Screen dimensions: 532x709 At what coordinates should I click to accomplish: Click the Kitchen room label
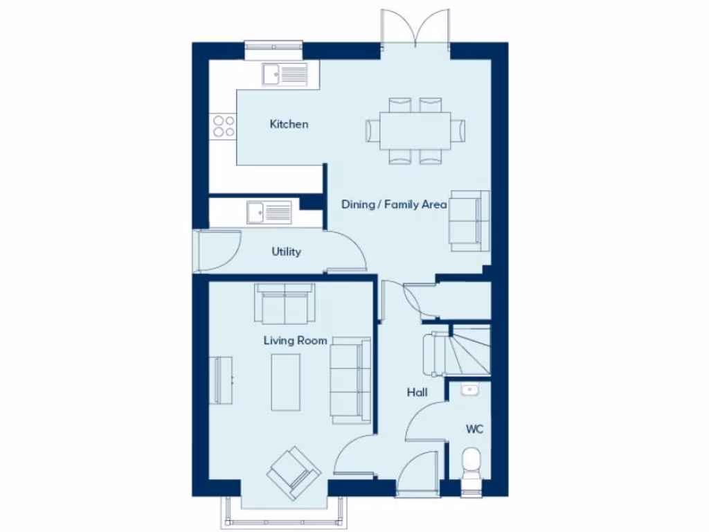(289, 125)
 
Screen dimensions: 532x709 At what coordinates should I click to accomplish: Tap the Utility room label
(286, 251)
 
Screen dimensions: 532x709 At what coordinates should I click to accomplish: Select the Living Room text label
(295, 340)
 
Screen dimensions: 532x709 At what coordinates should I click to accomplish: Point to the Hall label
(417, 393)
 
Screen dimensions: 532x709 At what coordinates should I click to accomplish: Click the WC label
(474, 429)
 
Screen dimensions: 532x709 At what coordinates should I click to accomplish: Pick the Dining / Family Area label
(394, 204)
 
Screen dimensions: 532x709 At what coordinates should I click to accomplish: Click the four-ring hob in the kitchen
(224, 125)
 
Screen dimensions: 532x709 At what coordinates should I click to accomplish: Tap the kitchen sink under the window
(285, 73)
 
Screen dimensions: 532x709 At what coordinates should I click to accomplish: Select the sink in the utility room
(269, 212)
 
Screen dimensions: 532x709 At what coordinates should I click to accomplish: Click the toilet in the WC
(474, 463)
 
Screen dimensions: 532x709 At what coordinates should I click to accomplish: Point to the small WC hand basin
(470, 390)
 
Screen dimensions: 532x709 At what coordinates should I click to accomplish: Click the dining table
(415, 130)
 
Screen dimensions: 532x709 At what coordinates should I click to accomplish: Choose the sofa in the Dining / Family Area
(469, 220)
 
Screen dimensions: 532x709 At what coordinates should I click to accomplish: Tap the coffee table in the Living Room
(285, 382)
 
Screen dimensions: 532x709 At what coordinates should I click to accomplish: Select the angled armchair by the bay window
(294, 472)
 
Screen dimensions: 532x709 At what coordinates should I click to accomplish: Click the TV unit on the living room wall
(222, 380)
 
